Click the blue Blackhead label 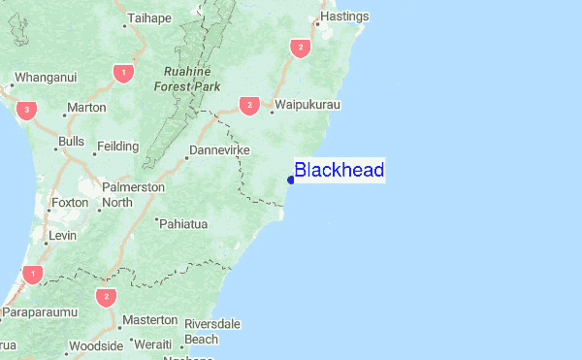point(339,171)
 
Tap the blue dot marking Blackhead point(290,180)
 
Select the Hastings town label point(344,17)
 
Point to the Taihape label point(151,18)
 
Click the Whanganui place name point(43,76)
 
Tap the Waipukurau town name point(307,104)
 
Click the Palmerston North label point(132,194)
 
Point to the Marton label point(84,108)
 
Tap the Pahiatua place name point(184,224)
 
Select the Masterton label point(148,319)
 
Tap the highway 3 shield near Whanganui point(27,109)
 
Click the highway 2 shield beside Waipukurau point(249,105)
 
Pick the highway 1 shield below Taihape point(121,72)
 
